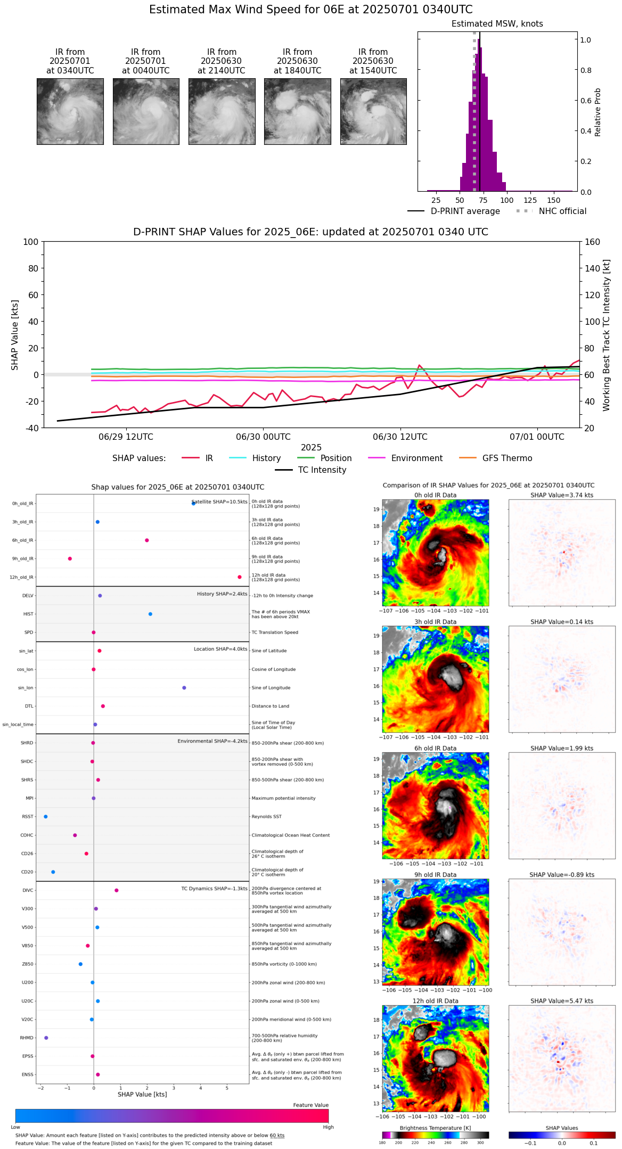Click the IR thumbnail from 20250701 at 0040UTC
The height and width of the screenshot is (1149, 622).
pos(146,111)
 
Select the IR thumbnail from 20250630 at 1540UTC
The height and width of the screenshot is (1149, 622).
pos(373,111)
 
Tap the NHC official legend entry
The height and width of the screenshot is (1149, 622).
pos(562,211)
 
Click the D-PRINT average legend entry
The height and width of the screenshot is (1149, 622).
pos(465,211)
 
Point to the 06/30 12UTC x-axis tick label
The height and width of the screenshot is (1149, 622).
pos(400,437)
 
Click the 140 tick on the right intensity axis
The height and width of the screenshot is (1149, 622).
pos(592,268)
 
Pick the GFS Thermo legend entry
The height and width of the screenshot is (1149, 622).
pos(507,458)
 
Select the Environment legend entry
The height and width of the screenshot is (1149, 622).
pos(416,458)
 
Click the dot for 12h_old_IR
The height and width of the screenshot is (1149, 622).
pos(240,577)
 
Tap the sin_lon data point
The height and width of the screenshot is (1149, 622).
pos(184,688)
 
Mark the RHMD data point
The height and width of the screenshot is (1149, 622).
pos(46,1038)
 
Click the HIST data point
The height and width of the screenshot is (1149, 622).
pos(150,614)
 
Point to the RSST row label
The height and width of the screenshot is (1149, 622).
pos(27,817)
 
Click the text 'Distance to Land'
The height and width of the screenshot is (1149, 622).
pos(271,707)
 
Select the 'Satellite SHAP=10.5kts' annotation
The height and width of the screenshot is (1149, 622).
pos(219,502)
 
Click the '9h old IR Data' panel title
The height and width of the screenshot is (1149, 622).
pos(435,875)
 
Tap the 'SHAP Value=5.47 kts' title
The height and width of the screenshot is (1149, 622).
pos(562,1001)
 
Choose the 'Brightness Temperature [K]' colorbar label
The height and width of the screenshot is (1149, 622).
pos(435,1128)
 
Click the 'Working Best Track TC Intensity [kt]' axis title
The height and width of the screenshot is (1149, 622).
pos(607,335)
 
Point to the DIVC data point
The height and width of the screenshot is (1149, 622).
pos(117,890)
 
